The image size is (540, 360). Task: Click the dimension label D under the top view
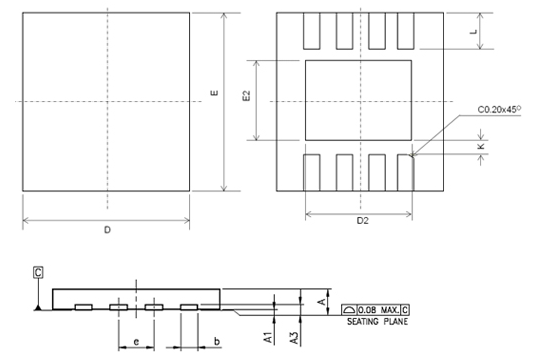tap(107, 230)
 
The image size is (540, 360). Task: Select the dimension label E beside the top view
tap(214, 93)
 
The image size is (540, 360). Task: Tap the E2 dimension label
tap(246, 96)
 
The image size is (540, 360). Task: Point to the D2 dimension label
tap(362, 221)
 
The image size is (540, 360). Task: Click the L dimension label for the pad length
tap(474, 32)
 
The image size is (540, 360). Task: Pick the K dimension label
tap(481, 146)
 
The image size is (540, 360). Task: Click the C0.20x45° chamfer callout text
tap(499, 110)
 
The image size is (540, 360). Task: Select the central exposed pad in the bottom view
tap(359, 100)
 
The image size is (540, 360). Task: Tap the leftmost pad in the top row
tap(312, 31)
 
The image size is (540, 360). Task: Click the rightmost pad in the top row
tap(406, 31)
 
